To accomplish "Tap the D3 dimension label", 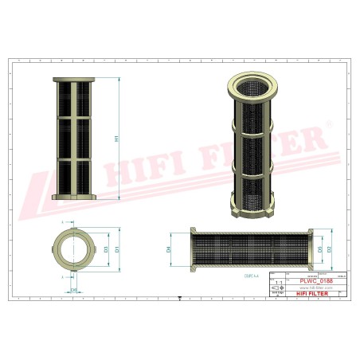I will tap(105, 249).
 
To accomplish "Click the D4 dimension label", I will tap(169, 249).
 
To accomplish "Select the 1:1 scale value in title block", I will tap(276, 282).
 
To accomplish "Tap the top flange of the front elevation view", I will tap(74, 80).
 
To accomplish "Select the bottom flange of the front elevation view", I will tap(74, 196).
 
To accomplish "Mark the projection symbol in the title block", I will tap(276, 289).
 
